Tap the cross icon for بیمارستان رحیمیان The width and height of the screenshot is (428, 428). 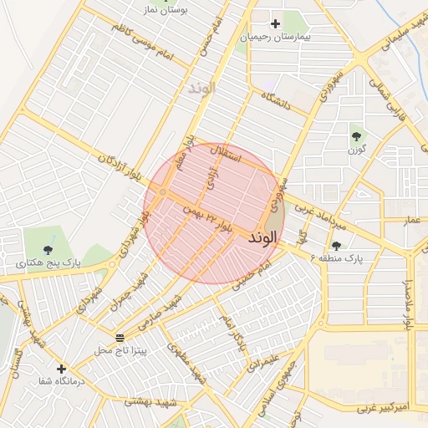[275, 23]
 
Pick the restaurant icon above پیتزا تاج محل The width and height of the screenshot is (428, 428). [120, 337]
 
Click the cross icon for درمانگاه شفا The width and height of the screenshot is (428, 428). [60, 368]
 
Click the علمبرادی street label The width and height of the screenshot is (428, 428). [259, 357]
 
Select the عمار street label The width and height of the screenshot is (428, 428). [410, 219]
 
